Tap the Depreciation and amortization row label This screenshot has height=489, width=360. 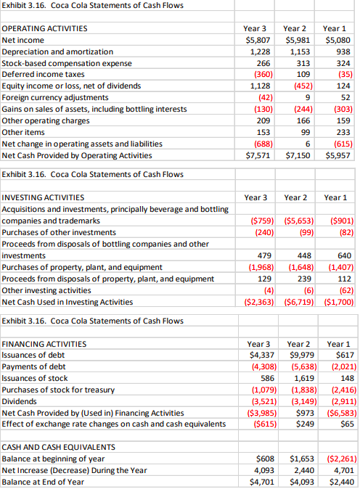[x=58, y=52]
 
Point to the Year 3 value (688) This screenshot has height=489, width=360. [x=261, y=144]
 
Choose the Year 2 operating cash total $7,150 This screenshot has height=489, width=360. [x=298, y=155]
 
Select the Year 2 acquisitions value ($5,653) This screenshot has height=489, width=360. [x=298, y=220]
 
